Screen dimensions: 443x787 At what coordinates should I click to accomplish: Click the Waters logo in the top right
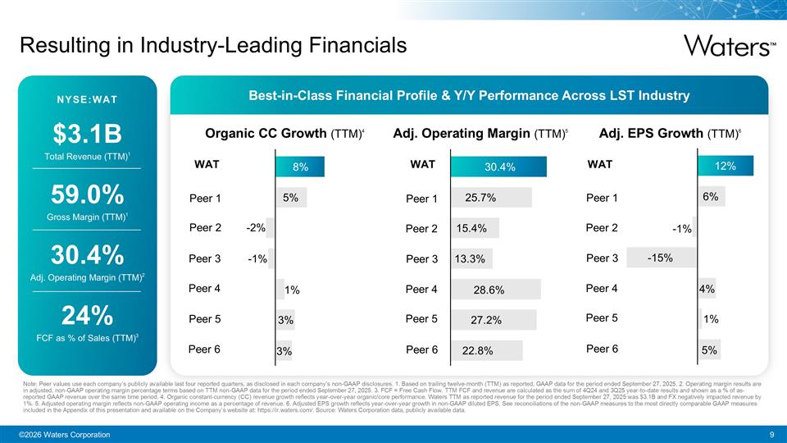728,45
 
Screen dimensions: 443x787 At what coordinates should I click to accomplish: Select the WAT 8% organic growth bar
301,167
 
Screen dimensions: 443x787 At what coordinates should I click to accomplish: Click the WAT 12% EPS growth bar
724,167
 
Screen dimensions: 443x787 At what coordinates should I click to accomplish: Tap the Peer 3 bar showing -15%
661,258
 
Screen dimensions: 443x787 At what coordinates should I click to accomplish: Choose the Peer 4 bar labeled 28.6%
494,289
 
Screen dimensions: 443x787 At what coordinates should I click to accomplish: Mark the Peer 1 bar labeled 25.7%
490,198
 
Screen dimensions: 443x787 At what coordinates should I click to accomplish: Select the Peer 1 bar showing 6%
710,197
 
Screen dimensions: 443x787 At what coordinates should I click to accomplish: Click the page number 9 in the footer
772,434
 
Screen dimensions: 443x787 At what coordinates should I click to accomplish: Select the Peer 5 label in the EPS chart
603,317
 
